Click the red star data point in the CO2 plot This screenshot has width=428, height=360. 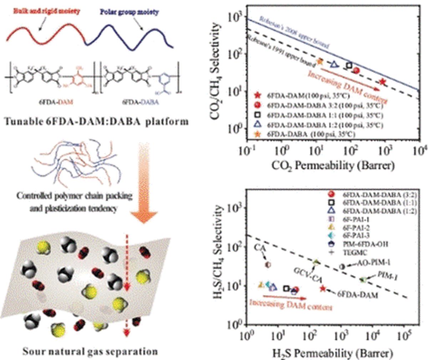click(x=382, y=82)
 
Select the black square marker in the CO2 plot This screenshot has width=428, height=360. click(x=349, y=65)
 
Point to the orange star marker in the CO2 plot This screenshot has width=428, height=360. click(x=320, y=61)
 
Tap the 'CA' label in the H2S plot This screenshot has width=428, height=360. click(x=260, y=247)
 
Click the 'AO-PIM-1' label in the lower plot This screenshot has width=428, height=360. click(x=373, y=263)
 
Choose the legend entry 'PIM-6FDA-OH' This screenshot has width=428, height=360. click(x=365, y=244)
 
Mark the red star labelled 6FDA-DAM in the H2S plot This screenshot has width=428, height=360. click(x=323, y=289)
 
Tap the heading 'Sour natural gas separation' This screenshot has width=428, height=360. click(x=90, y=351)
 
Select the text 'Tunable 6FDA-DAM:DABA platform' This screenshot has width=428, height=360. click(x=96, y=121)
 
